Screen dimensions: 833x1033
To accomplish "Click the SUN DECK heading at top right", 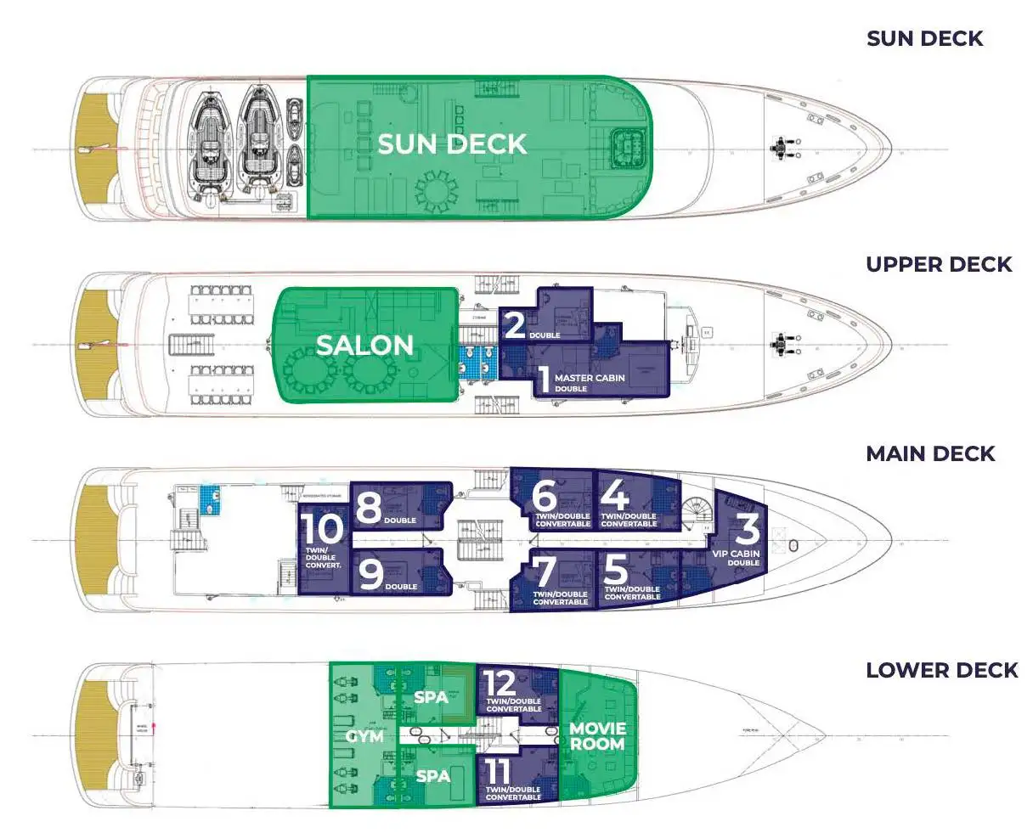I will [x=924, y=38].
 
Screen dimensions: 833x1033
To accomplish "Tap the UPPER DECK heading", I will [x=939, y=264].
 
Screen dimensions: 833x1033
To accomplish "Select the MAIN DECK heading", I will [x=930, y=453].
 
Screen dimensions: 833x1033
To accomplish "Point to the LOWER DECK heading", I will [x=941, y=670].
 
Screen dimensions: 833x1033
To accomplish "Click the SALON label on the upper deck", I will [x=364, y=345].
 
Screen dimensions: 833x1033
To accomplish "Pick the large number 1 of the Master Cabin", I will [x=541, y=379].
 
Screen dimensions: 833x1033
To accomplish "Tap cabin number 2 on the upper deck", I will [x=515, y=324].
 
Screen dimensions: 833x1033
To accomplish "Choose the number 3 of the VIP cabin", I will [x=747, y=529].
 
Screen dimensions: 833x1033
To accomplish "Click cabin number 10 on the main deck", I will [x=323, y=529].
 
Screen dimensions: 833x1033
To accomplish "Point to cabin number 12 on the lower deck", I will [x=500, y=684].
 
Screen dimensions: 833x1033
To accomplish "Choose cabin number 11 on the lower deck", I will [x=499, y=772].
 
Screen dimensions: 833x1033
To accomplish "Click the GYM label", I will [x=364, y=736].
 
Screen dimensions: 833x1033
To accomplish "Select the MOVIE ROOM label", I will [x=597, y=736].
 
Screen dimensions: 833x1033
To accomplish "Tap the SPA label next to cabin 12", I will [x=431, y=697].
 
